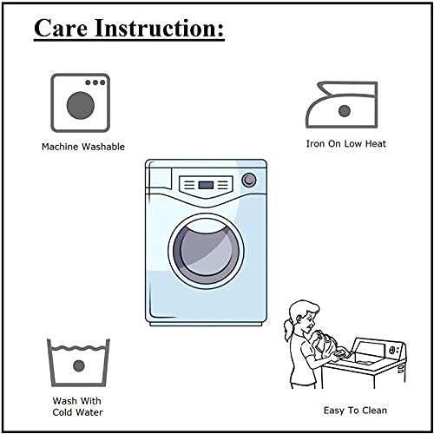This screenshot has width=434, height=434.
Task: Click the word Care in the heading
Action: click(61, 28)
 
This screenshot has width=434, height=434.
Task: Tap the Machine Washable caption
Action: click(83, 147)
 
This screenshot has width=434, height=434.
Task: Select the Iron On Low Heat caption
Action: click(346, 144)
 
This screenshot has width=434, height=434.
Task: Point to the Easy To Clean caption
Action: click(355, 411)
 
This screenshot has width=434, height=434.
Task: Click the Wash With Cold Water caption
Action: click(77, 406)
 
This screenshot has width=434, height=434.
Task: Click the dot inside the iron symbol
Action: click(345, 111)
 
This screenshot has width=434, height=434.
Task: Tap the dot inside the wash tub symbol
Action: click(79, 366)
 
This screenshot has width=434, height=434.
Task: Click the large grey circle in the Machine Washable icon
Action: click(81, 105)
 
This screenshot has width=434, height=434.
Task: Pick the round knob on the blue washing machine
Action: click(249, 180)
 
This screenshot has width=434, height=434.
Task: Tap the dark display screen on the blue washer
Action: click(206, 185)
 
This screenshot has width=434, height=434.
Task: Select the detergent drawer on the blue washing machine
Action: click(160, 179)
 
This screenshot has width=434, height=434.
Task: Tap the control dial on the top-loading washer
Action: click(393, 350)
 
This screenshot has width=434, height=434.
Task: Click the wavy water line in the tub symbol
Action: click(78, 347)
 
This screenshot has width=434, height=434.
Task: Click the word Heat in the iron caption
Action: click(375, 144)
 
